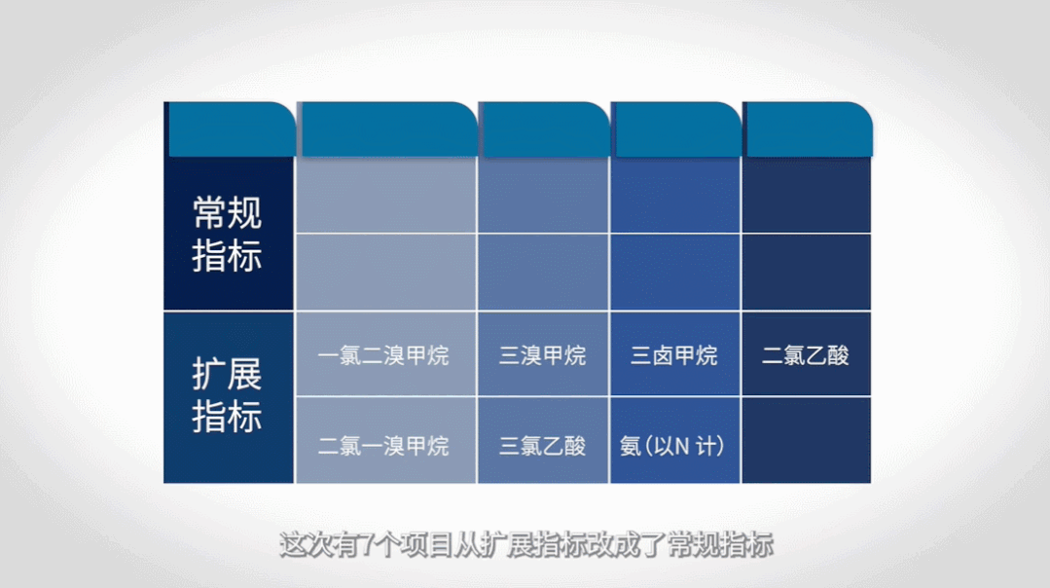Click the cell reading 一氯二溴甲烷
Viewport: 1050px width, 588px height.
383,355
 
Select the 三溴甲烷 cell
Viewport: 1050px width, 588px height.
543,355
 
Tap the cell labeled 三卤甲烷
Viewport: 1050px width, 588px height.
674,355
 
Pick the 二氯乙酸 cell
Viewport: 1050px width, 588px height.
806,355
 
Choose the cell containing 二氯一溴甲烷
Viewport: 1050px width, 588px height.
383,446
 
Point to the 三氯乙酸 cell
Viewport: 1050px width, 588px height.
543,446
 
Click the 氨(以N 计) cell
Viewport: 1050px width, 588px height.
672,446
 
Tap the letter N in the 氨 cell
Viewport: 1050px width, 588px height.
683,447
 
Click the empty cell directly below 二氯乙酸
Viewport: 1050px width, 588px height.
806,441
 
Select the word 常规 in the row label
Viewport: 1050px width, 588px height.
228,212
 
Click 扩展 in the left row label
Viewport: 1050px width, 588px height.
228,374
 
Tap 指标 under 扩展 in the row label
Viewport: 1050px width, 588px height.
228,418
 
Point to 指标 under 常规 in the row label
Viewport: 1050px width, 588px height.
228,257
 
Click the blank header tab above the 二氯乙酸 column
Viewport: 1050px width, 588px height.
807,129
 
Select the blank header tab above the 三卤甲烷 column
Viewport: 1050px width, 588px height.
676,129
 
